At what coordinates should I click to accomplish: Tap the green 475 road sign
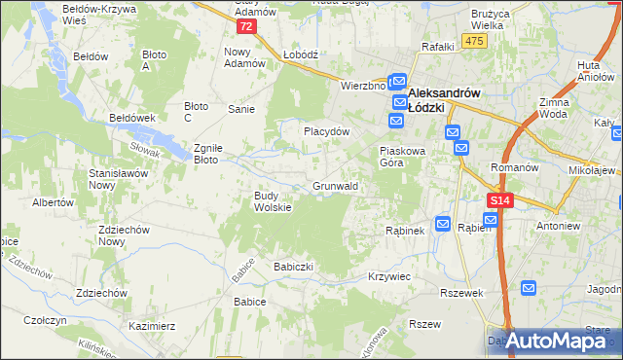[x=474, y=40]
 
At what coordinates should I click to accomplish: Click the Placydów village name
[x=326, y=131]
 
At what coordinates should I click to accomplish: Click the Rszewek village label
[x=462, y=293]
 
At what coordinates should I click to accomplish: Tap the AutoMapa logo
[x=553, y=341]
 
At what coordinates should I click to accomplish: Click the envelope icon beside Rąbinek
[x=442, y=224]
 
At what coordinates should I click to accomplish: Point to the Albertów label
[x=54, y=202]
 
